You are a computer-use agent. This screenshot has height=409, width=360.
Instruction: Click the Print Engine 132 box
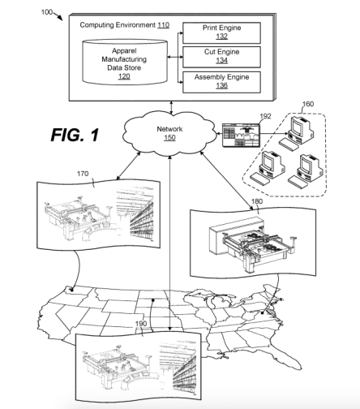tap(221, 32)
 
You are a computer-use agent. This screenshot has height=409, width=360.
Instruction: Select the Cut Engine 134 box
tap(221, 57)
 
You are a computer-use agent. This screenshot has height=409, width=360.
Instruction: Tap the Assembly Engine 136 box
tap(221, 82)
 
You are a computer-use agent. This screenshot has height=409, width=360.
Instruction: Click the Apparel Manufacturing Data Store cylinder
tap(125, 62)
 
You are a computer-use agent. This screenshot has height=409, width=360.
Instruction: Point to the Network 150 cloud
tap(169, 133)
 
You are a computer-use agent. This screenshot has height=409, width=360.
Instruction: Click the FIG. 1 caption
tap(75, 135)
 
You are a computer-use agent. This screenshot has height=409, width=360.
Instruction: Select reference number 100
tap(46, 12)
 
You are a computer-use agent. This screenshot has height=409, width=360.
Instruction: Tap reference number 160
tap(308, 104)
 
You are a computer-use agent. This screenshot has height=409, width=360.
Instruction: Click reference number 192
tap(265, 116)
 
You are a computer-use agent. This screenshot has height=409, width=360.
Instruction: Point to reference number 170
tap(83, 174)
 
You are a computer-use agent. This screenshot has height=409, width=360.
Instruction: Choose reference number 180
tap(257, 201)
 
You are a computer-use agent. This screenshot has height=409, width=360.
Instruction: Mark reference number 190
tap(141, 324)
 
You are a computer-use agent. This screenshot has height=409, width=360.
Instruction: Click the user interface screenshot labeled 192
tap(241, 136)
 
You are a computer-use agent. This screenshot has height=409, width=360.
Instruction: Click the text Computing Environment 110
tap(125, 25)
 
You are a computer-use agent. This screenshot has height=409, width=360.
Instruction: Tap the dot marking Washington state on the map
tap(72, 290)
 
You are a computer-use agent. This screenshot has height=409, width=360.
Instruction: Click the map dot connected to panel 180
tap(263, 313)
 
